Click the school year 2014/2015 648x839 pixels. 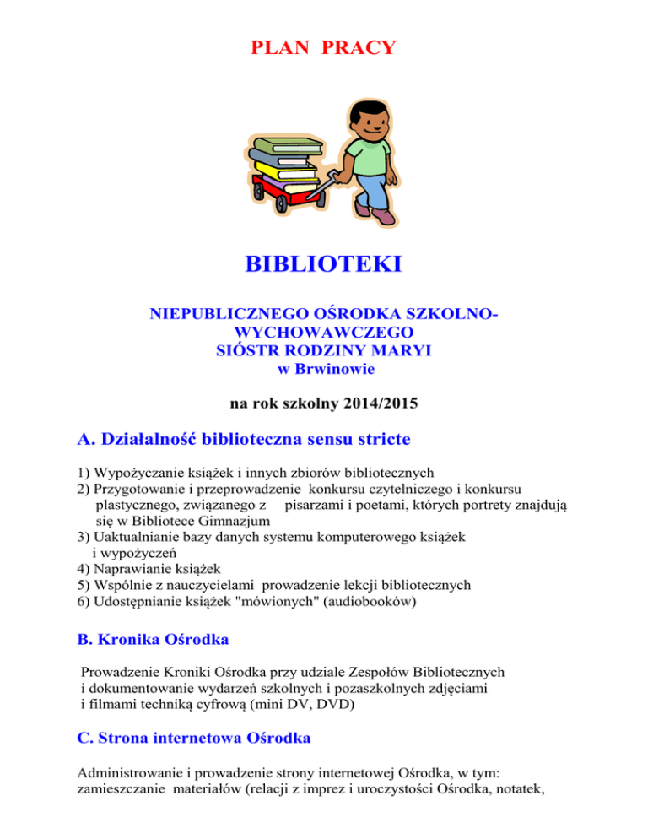tap(372, 404)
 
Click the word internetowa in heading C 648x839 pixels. tap(194, 739)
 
